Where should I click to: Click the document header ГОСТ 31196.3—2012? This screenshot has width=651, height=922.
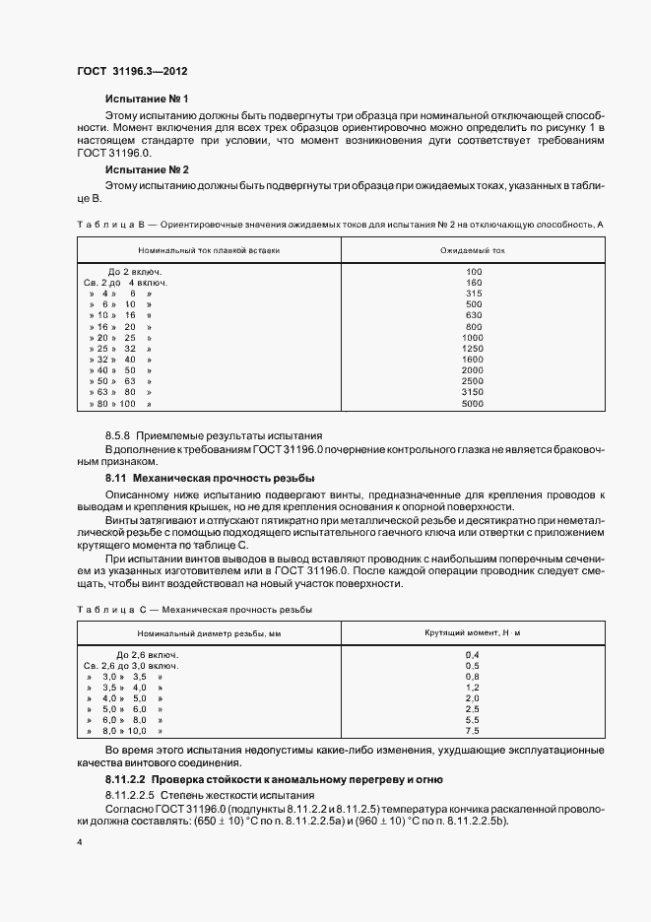point(133,73)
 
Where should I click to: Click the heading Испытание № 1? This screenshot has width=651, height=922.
point(146,99)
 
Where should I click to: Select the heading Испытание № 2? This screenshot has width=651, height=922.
point(146,169)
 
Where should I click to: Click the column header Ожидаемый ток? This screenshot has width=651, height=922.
point(474,250)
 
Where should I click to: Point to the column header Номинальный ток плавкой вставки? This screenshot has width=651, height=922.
point(209,250)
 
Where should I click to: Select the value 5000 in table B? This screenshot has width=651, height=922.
point(474,404)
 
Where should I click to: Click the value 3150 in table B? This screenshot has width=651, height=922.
point(474,392)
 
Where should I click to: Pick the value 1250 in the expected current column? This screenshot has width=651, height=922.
point(474,349)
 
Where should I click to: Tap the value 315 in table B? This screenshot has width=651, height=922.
point(474,294)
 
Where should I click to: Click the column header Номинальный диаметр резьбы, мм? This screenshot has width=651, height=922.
point(209,631)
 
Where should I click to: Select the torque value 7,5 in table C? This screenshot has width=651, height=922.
point(471,732)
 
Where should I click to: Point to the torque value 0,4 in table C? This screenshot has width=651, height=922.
point(471,654)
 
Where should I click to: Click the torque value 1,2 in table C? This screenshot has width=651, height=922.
point(471,688)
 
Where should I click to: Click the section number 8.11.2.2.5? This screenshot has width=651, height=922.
point(130,794)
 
